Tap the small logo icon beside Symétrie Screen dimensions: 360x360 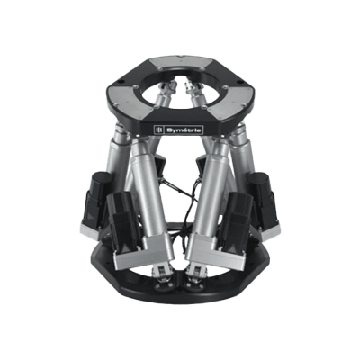point(158,130)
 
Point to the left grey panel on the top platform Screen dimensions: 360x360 point(129,98)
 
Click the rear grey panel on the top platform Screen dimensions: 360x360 point(180,63)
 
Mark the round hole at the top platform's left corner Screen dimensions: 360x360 point(121,81)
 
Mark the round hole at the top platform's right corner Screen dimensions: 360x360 point(239,82)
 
